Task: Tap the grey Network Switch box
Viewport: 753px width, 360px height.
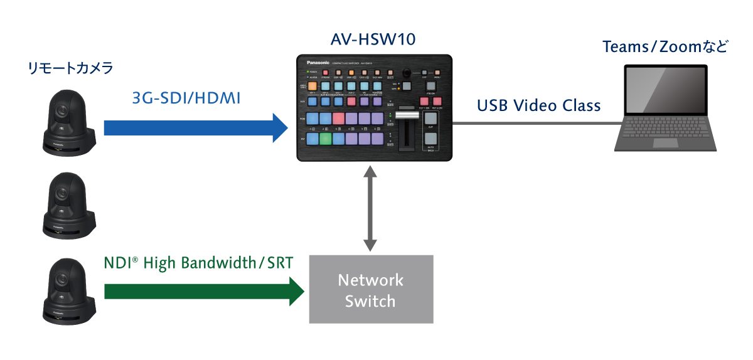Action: click(x=371, y=289)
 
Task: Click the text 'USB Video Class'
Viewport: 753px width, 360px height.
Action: click(x=538, y=105)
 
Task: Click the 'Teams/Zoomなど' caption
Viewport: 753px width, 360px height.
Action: click(x=665, y=46)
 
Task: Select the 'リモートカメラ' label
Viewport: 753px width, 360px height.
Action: click(x=70, y=68)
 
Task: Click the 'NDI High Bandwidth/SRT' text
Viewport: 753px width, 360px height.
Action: click(x=198, y=262)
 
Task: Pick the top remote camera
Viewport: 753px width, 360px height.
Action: click(x=67, y=121)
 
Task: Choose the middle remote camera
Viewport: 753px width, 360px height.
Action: click(x=67, y=204)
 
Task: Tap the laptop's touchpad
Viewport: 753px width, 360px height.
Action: click(x=665, y=143)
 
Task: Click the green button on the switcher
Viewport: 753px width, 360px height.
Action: click(x=324, y=140)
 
